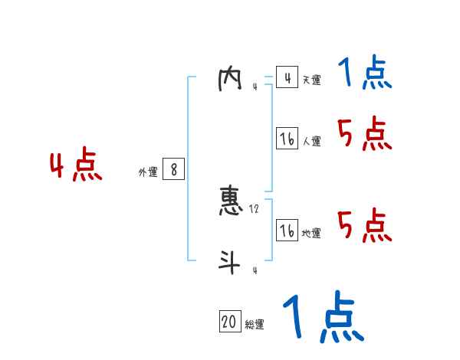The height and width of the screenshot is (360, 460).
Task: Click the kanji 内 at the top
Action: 230,80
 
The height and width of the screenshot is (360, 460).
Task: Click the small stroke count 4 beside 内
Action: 255,87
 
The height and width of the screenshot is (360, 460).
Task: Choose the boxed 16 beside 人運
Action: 287,139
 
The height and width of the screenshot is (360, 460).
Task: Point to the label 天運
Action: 311,80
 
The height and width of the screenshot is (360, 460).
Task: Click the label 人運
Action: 311,141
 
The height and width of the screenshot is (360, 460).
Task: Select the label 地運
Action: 311,234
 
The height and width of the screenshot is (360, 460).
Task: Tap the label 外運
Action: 147,172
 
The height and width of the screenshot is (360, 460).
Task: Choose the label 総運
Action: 255,324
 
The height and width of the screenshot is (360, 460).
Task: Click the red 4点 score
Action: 76,168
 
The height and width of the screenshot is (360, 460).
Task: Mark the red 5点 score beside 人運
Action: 365,135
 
